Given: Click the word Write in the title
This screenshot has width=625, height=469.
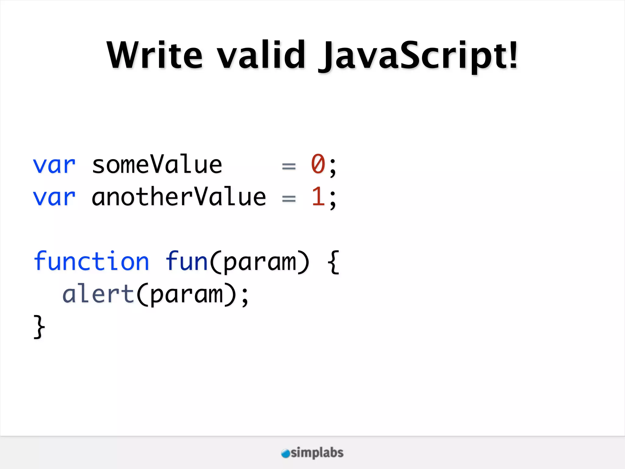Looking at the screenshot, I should [x=154, y=55].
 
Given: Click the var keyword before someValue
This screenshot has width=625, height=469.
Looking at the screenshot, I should [x=54, y=165].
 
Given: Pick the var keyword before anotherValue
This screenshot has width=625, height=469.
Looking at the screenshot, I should [x=54, y=198].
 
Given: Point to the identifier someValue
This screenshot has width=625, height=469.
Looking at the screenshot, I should [x=157, y=165].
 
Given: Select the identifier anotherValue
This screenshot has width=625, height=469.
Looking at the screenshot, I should [x=179, y=197].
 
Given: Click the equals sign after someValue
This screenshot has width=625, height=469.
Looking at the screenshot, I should [x=289, y=166].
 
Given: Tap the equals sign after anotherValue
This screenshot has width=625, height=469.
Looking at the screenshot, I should [x=289, y=199].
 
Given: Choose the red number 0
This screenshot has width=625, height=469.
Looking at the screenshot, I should [x=318, y=164].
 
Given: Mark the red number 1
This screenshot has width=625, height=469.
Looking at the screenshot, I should [x=318, y=197].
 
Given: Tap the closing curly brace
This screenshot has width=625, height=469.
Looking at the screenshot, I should [x=39, y=327].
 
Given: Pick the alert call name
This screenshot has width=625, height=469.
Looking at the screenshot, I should [x=98, y=294].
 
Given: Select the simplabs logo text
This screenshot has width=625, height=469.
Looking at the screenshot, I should [x=317, y=453].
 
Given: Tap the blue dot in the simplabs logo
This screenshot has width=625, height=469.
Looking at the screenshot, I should [x=285, y=453].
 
